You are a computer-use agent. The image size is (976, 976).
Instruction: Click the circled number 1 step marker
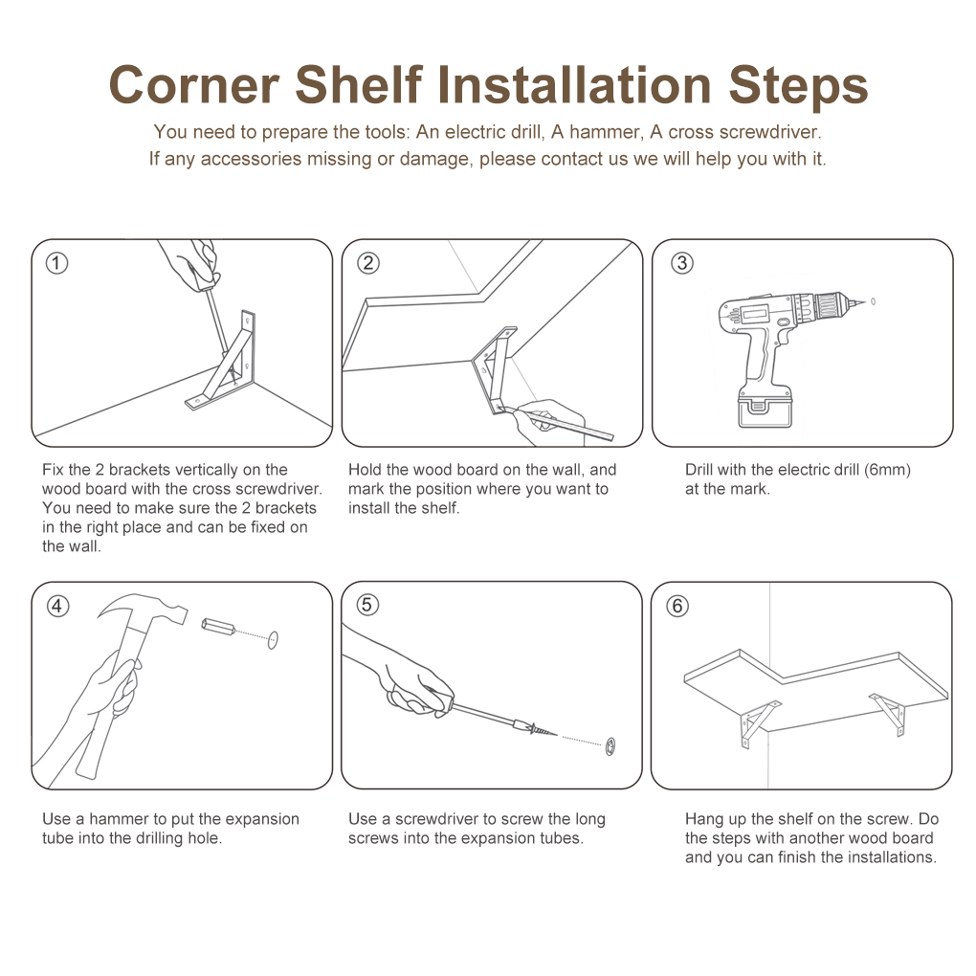pyautogui.click(x=56, y=263)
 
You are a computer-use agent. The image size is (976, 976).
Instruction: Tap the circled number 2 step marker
pyautogui.click(x=367, y=263)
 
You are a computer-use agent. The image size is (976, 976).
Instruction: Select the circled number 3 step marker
pyautogui.click(x=681, y=263)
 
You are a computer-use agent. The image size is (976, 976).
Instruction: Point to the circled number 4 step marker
pyautogui.click(x=57, y=606)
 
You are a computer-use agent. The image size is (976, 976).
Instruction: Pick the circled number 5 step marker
pyautogui.click(x=367, y=605)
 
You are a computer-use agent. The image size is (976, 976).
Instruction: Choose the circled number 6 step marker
pyautogui.click(x=677, y=606)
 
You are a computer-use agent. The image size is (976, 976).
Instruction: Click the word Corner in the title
pyautogui.click(x=193, y=84)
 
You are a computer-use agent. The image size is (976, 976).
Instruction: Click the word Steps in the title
pyautogui.click(x=798, y=86)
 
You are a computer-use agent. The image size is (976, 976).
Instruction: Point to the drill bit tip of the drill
pyautogui.click(x=865, y=302)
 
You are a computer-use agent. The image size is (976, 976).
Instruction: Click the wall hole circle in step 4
pyautogui.click(x=273, y=639)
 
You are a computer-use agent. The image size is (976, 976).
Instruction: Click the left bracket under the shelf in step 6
pyautogui.click(x=759, y=724)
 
